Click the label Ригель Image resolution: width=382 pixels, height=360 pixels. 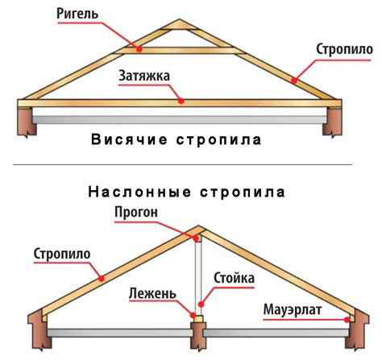coord(77,14)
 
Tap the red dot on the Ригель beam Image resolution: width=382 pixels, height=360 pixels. coord(139,49)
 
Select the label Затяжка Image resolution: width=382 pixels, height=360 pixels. coord(144,76)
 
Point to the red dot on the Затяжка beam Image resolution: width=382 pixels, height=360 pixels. coord(181,101)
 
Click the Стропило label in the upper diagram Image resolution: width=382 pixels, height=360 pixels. coord(344,50)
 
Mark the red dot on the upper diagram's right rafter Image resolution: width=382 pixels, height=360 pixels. coord(295,80)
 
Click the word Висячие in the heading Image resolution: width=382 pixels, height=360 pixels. coord(129,140)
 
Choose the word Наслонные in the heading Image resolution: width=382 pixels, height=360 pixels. coord(139,192)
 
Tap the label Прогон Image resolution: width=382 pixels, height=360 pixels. coord(136,213)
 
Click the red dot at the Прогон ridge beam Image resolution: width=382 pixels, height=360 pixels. coord(196,238)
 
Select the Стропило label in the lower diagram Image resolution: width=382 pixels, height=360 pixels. coord(62,254)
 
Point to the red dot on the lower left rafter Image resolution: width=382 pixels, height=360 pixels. coord(102,279)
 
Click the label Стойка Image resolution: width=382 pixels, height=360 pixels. coord(234,278)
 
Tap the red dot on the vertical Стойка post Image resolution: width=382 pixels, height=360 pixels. coord(201,304)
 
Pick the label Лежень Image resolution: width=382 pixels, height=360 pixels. coord(152,293)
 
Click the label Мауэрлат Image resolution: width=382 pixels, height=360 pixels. coord(293,309)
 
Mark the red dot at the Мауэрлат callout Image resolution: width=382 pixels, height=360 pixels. coord(347,320)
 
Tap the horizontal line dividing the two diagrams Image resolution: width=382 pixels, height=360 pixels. coord(182,164)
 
